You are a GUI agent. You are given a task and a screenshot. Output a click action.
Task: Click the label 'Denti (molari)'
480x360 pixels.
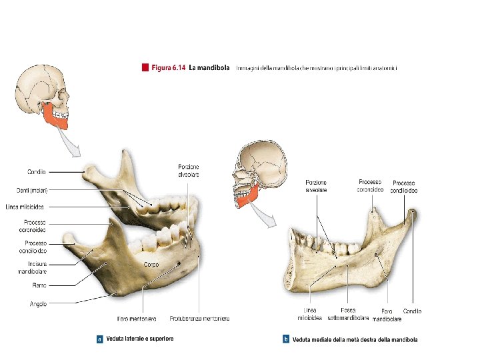(x=31, y=189)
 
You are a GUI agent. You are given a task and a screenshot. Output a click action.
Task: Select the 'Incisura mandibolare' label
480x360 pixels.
(x=32, y=267)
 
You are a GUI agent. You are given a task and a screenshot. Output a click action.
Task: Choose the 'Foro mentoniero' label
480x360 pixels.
(x=138, y=319)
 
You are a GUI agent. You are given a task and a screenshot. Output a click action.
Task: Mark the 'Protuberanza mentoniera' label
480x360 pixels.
(x=199, y=319)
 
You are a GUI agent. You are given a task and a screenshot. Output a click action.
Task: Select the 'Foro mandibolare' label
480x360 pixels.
(x=391, y=315)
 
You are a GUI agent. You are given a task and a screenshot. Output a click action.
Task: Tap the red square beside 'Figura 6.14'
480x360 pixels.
(x=144, y=67)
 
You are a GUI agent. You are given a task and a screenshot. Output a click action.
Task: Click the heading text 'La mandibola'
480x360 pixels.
(x=209, y=67)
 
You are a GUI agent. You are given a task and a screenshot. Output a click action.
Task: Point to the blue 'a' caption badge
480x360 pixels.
(x=99, y=339)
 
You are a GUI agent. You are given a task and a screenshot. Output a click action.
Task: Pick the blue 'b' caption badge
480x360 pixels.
(x=286, y=340)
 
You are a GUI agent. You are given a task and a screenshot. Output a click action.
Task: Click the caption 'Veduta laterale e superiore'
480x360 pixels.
(x=144, y=339)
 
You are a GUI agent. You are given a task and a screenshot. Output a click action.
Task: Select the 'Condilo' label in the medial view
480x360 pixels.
(x=412, y=311)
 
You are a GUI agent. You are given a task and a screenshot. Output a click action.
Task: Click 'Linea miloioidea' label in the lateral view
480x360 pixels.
(x=25, y=206)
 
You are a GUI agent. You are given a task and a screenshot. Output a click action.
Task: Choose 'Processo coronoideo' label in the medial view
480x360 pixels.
(x=370, y=185)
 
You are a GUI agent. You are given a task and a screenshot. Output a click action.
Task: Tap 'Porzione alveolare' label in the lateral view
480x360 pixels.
(x=188, y=170)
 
